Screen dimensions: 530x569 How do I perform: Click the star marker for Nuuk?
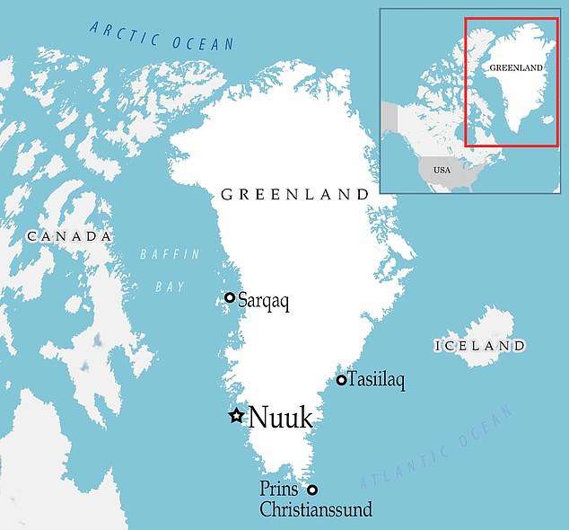[236, 415]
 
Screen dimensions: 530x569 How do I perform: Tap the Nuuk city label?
[280, 417]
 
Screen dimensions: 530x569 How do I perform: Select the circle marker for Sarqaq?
[230, 297]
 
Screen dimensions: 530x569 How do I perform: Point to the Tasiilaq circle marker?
[341, 380]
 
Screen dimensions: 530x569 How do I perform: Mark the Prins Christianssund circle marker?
[312, 490]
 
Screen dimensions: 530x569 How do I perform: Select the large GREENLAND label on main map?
[294, 194]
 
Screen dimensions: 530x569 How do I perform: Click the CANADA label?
[69, 236]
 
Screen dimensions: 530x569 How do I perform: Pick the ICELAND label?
[479, 346]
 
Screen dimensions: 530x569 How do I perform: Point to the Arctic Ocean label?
[162, 35]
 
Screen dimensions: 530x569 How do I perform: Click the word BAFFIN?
[170, 255]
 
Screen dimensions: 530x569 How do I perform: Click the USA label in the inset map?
[442, 170]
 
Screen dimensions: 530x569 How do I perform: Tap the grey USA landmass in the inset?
[453, 176]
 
